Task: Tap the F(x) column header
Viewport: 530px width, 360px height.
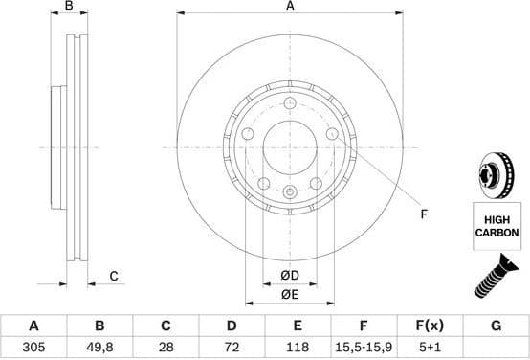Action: pyautogui.click(x=431, y=326)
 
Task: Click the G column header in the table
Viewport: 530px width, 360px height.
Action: pyautogui.click(x=496, y=326)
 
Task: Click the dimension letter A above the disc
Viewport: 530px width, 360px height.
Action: pyautogui.click(x=290, y=8)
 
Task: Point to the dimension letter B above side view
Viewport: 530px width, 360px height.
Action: pyautogui.click(x=68, y=8)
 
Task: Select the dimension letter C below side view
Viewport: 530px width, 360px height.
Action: pyautogui.click(x=113, y=277)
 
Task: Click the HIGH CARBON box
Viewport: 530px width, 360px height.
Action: pyautogui.click(x=498, y=226)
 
